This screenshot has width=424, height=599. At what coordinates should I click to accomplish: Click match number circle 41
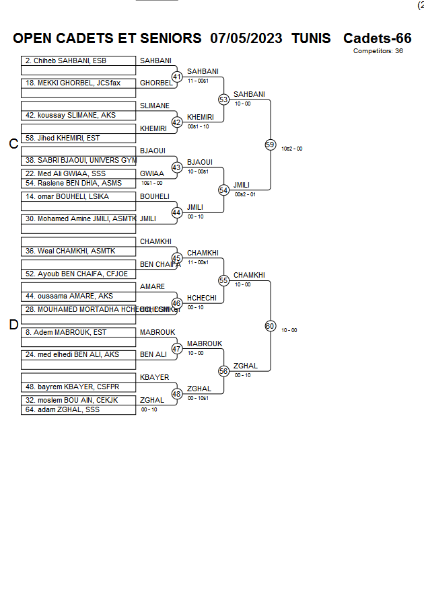pyautogui.click(x=177, y=77)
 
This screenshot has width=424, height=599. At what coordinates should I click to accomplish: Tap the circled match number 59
pyautogui.click(x=270, y=145)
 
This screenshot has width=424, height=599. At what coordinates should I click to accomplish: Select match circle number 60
pyautogui.click(x=270, y=326)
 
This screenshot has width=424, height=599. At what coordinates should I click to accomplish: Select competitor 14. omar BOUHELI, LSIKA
pyautogui.click(x=67, y=197)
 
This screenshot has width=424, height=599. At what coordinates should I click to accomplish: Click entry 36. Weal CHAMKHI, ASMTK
pyautogui.click(x=71, y=251)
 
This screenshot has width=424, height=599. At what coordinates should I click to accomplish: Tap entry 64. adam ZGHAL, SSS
pyautogui.click(x=63, y=409)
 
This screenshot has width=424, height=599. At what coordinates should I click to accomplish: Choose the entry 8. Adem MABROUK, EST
pyautogui.click(x=66, y=332)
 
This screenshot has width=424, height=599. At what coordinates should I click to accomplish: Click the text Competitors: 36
pyautogui.click(x=378, y=51)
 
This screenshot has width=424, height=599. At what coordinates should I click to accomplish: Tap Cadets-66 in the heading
pyautogui.click(x=377, y=38)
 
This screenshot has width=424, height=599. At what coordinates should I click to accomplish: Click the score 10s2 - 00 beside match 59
pyautogui.click(x=291, y=149)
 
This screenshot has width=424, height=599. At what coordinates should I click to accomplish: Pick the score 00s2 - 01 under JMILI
pyautogui.click(x=245, y=194)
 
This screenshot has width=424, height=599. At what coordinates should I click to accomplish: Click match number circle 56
pyautogui.click(x=223, y=371)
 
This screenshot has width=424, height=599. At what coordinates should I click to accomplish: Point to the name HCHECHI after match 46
pyautogui.click(x=202, y=298)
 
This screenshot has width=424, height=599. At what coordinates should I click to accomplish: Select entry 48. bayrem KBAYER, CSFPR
pyautogui.click(x=69, y=387)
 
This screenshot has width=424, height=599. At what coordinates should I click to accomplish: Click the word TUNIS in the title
pyautogui.click(x=311, y=38)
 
